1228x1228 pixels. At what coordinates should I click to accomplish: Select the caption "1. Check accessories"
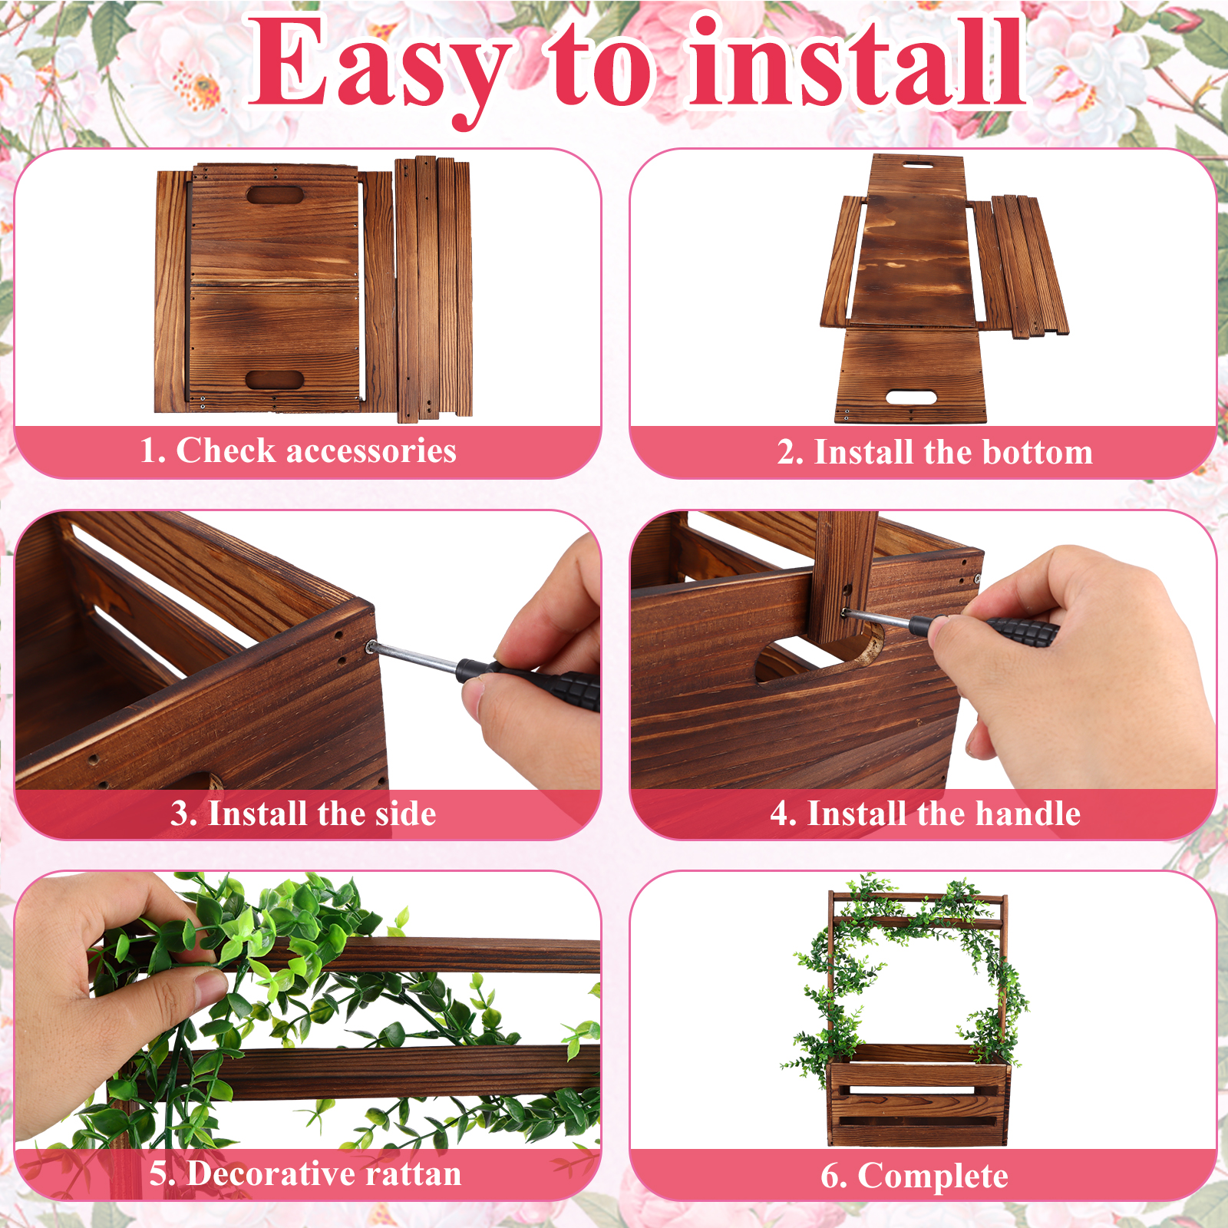tap(298, 451)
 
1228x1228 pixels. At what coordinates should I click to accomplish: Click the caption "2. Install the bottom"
tap(935, 452)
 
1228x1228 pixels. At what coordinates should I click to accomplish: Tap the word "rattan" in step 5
tap(413, 1174)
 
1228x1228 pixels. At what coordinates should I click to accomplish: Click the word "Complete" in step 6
tap(933, 1177)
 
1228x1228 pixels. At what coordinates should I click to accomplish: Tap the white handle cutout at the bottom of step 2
tap(911, 398)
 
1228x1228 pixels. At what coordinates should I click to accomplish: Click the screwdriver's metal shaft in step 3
tap(414, 657)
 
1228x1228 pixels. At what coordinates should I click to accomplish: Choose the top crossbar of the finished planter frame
tap(918, 898)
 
